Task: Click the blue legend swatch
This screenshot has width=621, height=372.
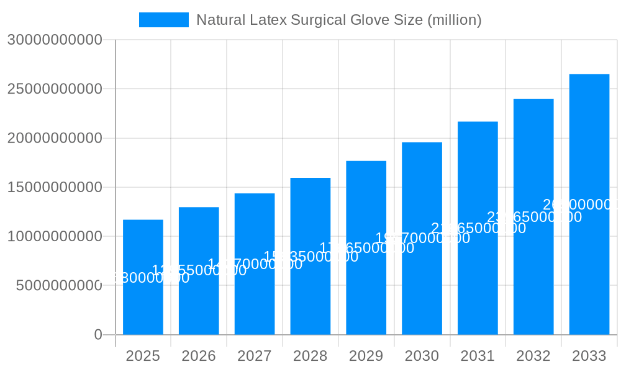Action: pos(163,20)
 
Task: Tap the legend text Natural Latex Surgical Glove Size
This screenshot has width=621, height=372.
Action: pos(338,20)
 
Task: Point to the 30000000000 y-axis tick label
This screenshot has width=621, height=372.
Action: pos(55,40)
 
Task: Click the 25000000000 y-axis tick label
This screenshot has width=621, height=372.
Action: pos(55,89)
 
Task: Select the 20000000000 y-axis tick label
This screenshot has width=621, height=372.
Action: pos(55,138)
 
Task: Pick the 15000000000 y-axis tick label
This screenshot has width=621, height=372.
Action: pos(55,187)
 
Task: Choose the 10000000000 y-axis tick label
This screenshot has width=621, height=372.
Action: pos(55,236)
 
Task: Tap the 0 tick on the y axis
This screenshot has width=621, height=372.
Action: pos(97,335)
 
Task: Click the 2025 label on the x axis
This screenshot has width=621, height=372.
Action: pos(143,356)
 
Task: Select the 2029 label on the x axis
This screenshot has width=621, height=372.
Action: pos(366,356)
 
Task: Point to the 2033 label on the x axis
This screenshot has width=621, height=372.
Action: pos(589,356)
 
